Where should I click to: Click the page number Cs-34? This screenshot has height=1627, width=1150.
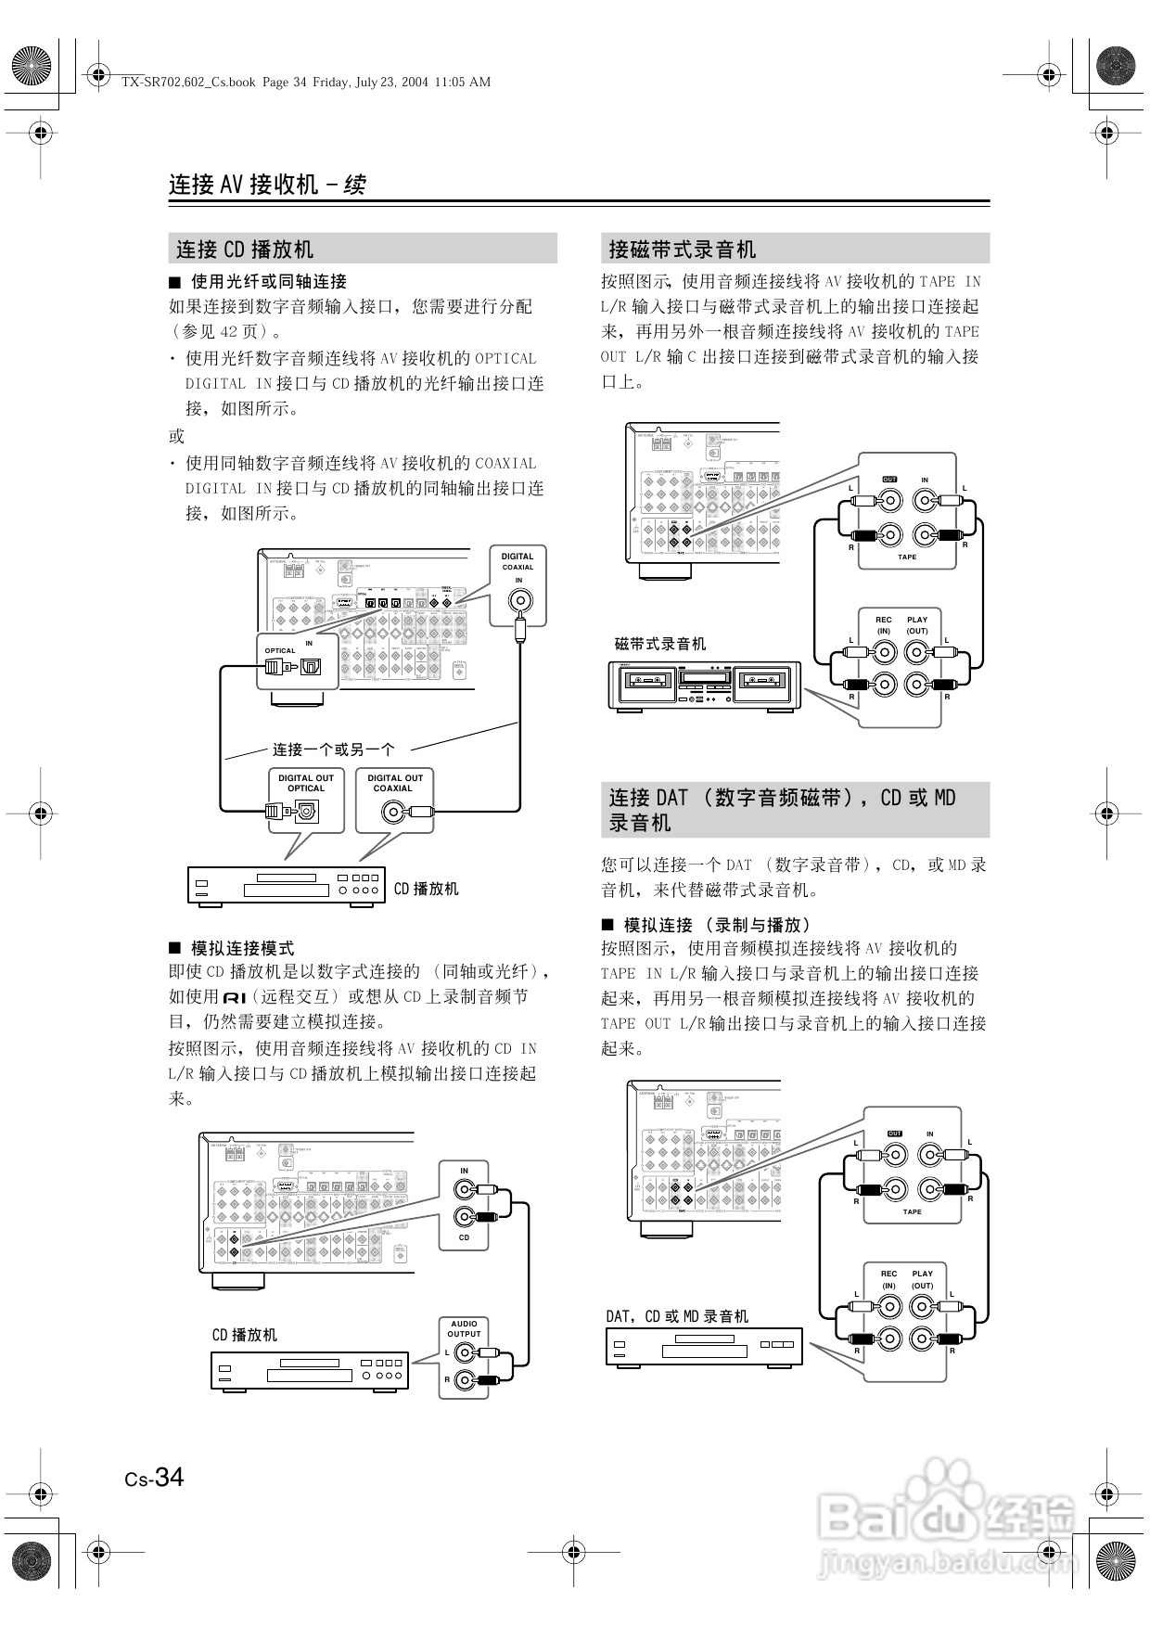pos(155,1477)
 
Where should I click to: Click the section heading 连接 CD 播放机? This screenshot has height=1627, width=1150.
pos(245,250)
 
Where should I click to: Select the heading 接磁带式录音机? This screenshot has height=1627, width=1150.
pos(682,250)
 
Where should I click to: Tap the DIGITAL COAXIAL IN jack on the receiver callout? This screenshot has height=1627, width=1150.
pos(519,600)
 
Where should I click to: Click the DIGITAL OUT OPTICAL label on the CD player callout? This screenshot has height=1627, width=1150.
pos(306,783)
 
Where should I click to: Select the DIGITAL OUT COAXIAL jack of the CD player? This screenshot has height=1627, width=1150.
pos(393,813)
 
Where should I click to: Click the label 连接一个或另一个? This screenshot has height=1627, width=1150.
pos(333,749)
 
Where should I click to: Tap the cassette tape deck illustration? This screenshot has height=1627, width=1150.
pos(704,685)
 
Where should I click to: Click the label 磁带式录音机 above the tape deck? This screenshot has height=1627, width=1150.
pos(660,644)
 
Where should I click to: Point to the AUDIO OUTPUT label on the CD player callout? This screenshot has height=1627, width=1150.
pos(465,1328)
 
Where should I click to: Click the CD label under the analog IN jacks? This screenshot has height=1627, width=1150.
pos(465,1237)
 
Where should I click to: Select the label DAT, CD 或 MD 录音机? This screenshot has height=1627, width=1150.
pos(677,1316)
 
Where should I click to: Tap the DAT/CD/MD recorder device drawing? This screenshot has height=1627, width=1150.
pos(704,1346)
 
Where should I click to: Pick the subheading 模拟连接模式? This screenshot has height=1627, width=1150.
pos(242,948)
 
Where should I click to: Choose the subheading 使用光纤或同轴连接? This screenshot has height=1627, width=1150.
pos(268,281)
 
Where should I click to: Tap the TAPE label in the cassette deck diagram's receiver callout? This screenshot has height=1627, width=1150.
pos(907,557)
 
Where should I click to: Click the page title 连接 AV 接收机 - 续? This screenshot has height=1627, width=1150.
pos(267,184)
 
